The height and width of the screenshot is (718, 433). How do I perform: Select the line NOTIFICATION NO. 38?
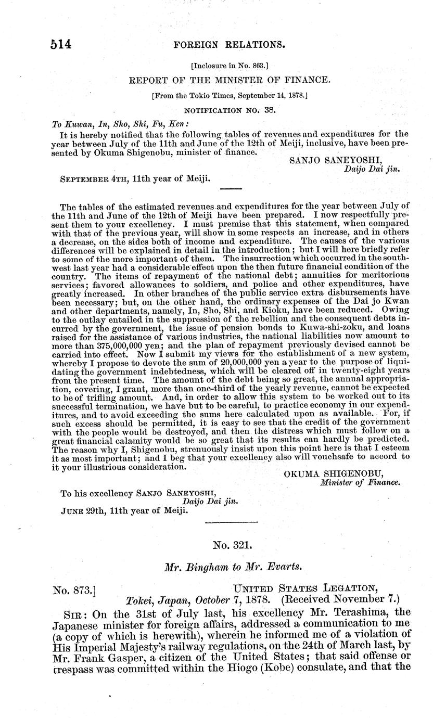tap(229, 110)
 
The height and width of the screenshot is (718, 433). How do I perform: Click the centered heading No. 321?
tap(233, 545)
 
